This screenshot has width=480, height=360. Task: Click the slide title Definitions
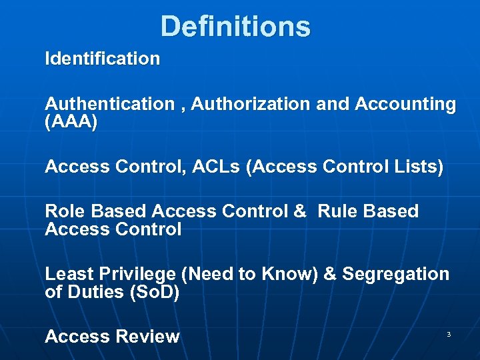pos(235,27)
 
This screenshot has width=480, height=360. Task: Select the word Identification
pos(102,59)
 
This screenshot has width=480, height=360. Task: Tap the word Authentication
pos(109,104)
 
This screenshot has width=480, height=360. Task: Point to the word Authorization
pos(250,104)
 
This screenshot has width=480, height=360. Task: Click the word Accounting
pos(405,104)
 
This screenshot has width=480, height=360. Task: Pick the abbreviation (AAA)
pos(71,123)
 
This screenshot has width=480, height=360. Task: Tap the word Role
pos(65,211)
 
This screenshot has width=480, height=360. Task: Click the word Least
pos(69,274)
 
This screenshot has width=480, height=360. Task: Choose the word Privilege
pos(137,274)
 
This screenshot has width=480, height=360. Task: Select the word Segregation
pos(396,274)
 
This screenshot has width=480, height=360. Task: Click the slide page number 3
pos(449,333)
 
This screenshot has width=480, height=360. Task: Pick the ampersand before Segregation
pos(330,274)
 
